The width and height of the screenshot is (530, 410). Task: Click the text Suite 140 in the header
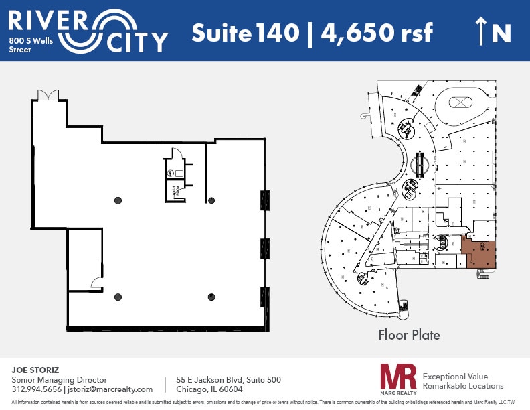tap(245, 32)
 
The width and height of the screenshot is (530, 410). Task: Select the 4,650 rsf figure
tap(377, 32)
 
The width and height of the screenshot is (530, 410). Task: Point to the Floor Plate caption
tap(409, 334)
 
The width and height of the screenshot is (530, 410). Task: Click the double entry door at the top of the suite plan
tap(48, 96)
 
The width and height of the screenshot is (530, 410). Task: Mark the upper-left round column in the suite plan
tap(118, 199)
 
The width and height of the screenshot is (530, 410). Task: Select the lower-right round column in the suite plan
tap(211, 297)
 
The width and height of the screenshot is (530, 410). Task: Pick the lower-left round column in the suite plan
tap(118, 297)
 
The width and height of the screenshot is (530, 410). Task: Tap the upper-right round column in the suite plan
tap(211, 199)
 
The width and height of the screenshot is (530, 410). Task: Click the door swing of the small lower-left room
tap(96, 284)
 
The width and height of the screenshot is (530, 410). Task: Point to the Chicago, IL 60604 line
tap(209, 389)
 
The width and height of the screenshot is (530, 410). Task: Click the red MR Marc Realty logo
tap(398, 379)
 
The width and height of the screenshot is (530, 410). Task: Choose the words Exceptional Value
tap(456, 377)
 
